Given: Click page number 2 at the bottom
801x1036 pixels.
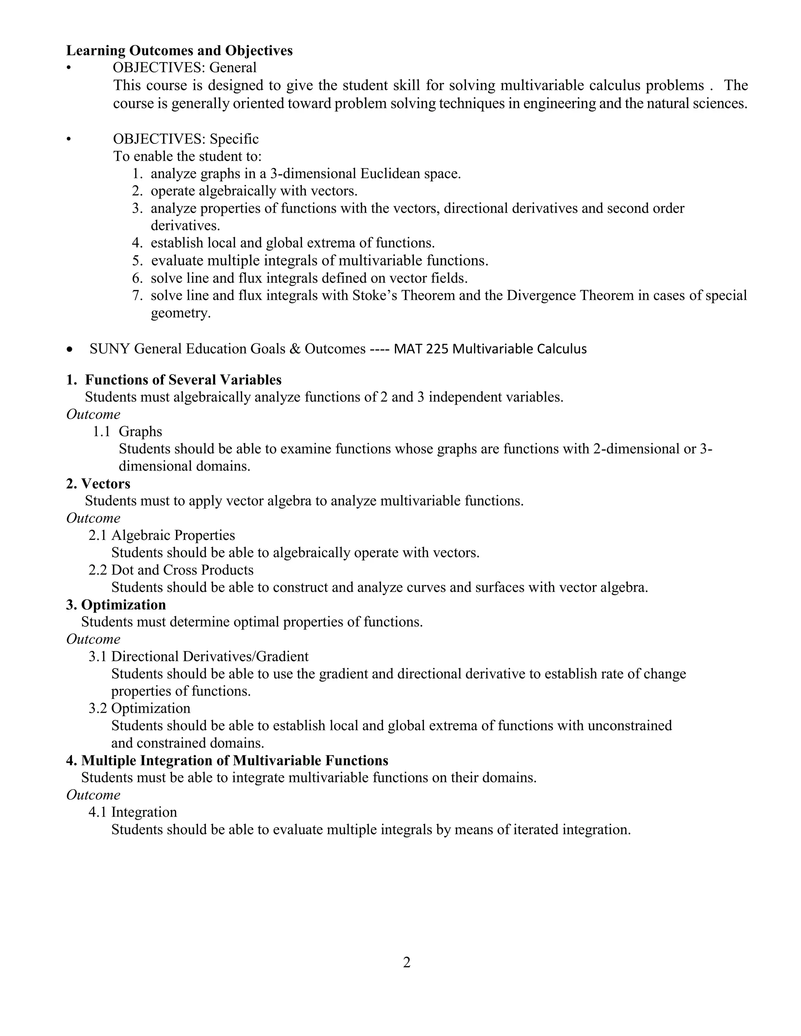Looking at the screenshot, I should coord(406,963).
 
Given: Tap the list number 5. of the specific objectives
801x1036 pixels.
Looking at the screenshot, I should coord(137,261).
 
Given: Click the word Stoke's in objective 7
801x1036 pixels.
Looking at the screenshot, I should coord(374,296).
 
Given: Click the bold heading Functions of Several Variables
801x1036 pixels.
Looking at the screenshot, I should coord(183,380).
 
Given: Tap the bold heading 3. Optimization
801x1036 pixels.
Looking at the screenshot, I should coord(116,604).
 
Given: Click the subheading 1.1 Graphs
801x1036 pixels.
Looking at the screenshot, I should coord(127,431).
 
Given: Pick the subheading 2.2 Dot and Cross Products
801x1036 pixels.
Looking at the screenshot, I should coord(171,570).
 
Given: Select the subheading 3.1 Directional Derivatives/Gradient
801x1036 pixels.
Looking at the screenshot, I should coord(198,656).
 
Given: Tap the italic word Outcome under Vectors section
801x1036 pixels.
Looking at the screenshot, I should coord(93,518).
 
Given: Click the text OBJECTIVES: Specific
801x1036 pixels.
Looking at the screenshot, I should coord(185,139).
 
